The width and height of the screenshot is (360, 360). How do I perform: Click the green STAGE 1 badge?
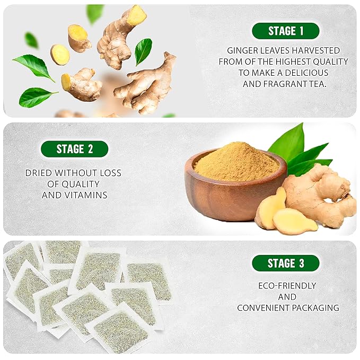(x=286, y=31)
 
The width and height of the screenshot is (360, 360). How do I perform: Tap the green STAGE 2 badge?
(x=75, y=149)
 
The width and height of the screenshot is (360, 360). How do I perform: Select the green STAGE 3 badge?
(x=286, y=263)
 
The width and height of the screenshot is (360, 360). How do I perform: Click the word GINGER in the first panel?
(x=242, y=50)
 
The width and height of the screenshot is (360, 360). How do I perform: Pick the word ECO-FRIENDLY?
(x=287, y=286)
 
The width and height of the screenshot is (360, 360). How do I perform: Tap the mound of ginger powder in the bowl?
(x=236, y=161)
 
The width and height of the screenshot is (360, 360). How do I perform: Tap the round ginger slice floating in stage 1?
(x=59, y=54)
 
